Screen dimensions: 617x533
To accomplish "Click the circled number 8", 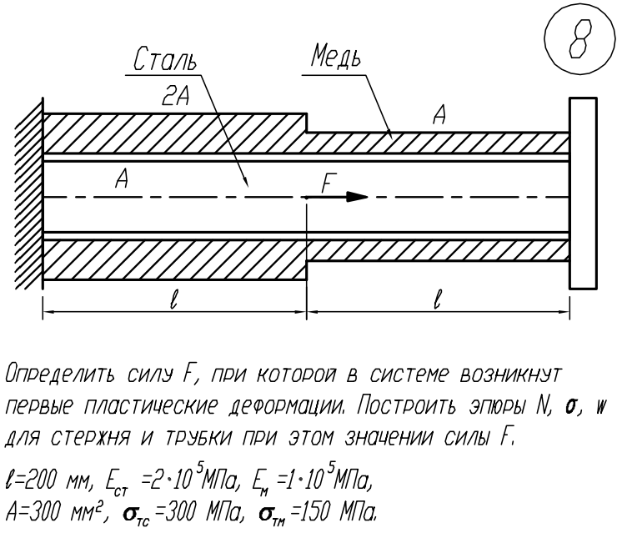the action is pos(580,39).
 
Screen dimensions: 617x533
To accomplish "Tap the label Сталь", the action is pos(165,60).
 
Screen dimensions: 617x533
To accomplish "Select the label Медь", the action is pos(336,56).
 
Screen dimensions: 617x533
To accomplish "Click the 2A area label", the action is pos(175,96).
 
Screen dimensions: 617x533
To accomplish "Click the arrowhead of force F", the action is pos(357,196).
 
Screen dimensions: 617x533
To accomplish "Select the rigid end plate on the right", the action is pos(583,194).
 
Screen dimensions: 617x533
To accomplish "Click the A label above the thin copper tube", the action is pos(439,115).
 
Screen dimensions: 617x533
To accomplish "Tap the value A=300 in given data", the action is pos(31,512).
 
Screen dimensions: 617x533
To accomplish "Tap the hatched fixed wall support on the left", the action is pos(28,193).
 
